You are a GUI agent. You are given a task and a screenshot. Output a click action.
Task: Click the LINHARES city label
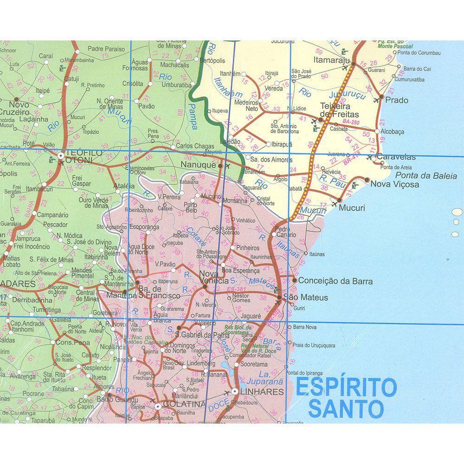click(x=261, y=392)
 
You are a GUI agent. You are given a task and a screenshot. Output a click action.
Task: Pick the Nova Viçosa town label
click(x=388, y=184)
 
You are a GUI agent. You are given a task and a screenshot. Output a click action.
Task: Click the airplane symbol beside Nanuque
click(x=227, y=165)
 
